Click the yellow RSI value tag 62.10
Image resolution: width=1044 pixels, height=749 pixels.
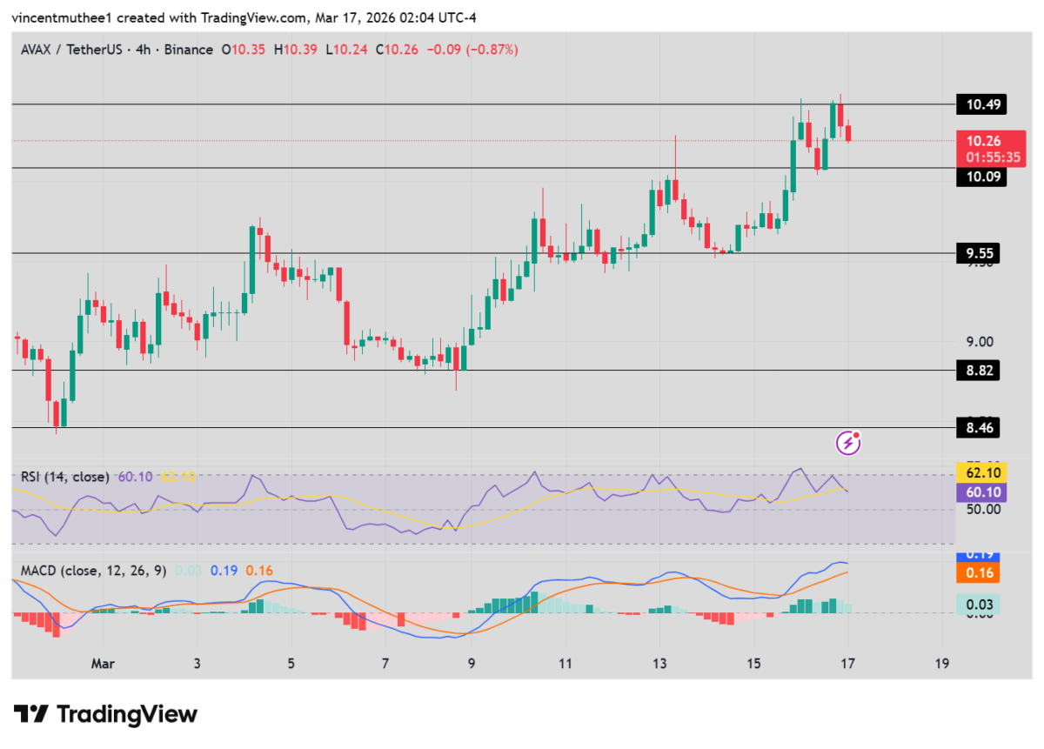(980, 473)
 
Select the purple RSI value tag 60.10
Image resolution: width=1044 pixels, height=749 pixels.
(980, 492)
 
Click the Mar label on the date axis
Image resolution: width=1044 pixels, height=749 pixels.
(104, 663)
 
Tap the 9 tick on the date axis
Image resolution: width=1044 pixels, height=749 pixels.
(472, 663)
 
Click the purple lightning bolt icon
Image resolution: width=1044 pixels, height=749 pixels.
(848, 444)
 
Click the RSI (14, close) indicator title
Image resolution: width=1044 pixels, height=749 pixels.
(65, 477)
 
